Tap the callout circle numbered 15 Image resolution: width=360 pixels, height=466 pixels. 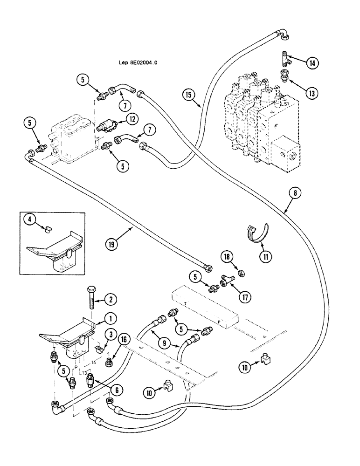pos(188,95)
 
